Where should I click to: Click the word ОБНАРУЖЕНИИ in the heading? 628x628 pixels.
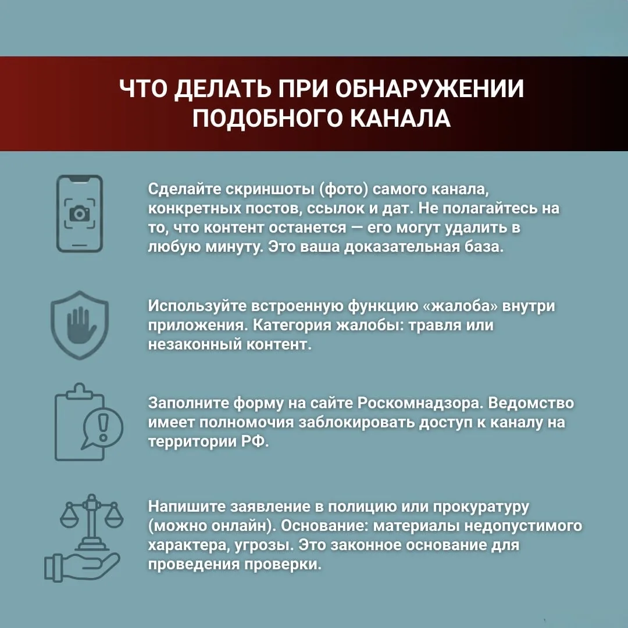(430, 90)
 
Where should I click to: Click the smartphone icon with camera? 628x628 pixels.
(80, 213)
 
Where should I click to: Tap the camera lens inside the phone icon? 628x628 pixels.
(80, 214)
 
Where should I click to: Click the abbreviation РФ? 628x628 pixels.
(255, 441)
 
